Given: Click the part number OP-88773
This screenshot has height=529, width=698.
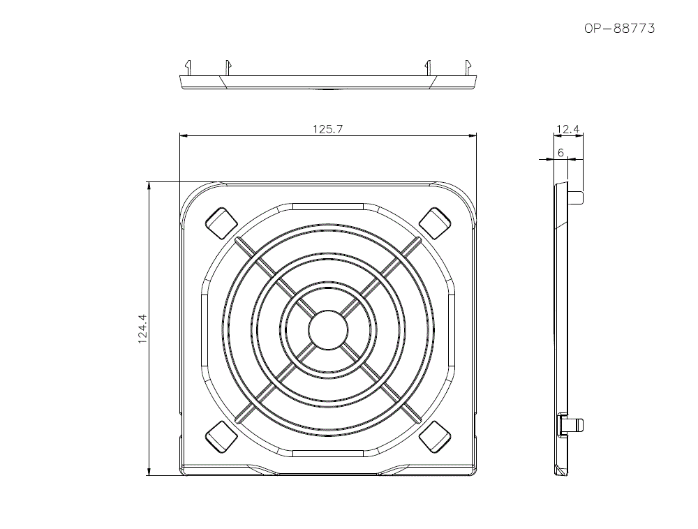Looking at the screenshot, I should coord(619,29).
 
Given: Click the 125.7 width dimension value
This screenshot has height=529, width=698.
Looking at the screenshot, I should coord(328,129).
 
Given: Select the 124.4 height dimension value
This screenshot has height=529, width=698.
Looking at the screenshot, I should coord(142,329).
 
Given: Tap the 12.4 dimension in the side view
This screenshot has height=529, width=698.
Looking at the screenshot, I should coord(569,129).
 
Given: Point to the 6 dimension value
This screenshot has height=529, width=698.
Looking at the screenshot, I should coord(560,152).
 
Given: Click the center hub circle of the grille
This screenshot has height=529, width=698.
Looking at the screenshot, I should coord(328,329).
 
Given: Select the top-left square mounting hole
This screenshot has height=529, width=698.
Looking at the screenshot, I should coord(221,222).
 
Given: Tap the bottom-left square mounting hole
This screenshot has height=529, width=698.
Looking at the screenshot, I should coord(221,436).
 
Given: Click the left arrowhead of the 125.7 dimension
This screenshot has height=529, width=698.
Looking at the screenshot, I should coord(184,136).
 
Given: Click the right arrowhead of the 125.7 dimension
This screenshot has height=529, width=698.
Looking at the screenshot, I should coord(473,136).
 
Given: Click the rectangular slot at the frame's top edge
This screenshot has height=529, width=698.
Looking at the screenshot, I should coord(328,207).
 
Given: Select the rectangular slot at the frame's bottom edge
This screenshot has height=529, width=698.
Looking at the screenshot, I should coord(328,453).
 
